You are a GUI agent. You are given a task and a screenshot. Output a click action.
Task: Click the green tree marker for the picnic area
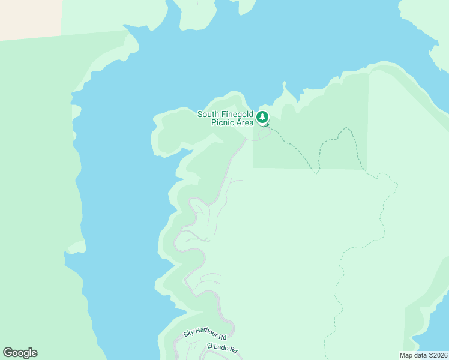[262, 117]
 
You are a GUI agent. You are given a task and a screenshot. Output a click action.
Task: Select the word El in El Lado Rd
[210, 346]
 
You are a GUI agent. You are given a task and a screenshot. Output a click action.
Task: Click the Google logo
[20, 353]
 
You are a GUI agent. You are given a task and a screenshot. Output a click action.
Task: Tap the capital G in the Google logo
[8, 353]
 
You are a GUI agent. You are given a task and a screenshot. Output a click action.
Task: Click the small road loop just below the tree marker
[263, 133]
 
